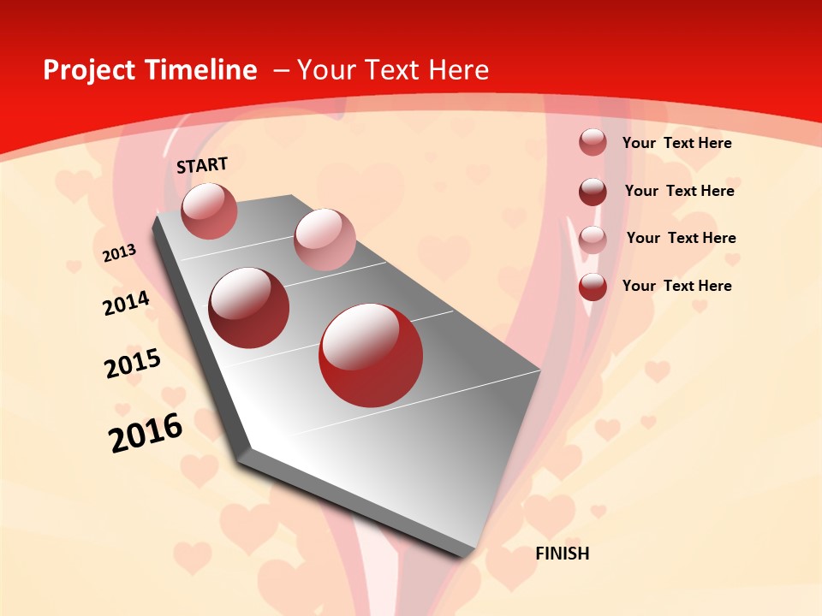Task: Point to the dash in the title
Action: click(x=281, y=70)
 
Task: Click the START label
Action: click(x=202, y=165)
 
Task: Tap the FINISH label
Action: click(x=563, y=554)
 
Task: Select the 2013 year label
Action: click(x=119, y=253)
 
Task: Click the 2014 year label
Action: click(x=126, y=303)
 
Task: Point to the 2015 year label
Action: click(x=133, y=364)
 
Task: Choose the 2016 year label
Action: click(x=146, y=433)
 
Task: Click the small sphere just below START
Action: click(x=209, y=210)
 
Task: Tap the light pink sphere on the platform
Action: click(x=325, y=240)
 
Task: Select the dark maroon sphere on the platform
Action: click(x=249, y=307)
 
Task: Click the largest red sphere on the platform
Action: click(x=371, y=354)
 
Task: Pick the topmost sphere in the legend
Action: click(x=593, y=143)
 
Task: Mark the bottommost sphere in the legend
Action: click(x=593, y=287)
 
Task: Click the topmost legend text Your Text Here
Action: click(x=676, y=143)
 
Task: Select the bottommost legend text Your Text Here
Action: click(x=676, y=286)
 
